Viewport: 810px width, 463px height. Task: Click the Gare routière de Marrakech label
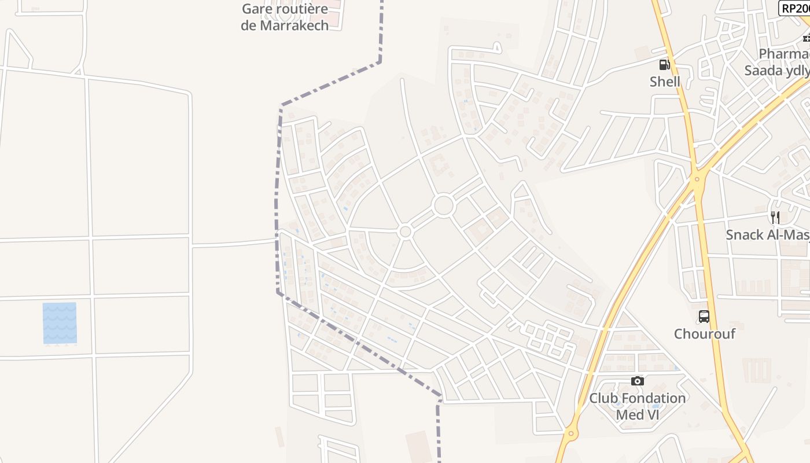[285, 17]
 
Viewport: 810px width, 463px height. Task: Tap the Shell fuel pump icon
[665, 64]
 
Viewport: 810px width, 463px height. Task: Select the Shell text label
[665, 82]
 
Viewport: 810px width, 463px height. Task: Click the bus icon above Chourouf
[704, 317]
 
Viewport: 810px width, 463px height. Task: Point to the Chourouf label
[704, 334]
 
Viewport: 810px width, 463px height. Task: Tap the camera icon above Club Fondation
[638, 381]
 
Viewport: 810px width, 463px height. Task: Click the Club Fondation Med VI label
[638, 406]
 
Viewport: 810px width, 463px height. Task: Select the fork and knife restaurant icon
[775, 218]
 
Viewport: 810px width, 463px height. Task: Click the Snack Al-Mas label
[767, 235]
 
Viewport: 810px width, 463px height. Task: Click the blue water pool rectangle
[60, 323]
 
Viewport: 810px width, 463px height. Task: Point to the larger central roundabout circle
[444, 205]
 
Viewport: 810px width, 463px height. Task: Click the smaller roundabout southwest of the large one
[405, 232]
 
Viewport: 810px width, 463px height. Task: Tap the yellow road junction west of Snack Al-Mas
[697, 179]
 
